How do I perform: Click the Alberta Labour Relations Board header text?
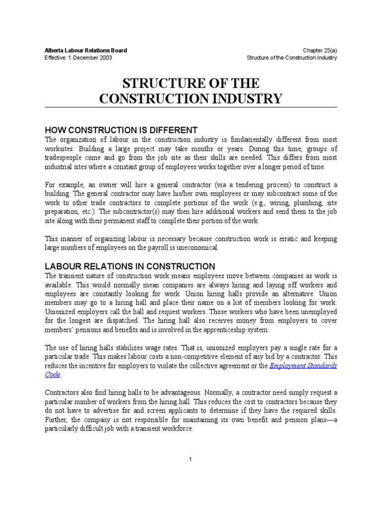86,50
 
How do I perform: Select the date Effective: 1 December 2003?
78,58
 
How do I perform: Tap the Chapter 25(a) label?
320,50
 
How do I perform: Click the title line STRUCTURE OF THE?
191,82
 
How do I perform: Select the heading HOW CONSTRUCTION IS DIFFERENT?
121,130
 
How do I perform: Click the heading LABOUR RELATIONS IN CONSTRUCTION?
130,266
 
